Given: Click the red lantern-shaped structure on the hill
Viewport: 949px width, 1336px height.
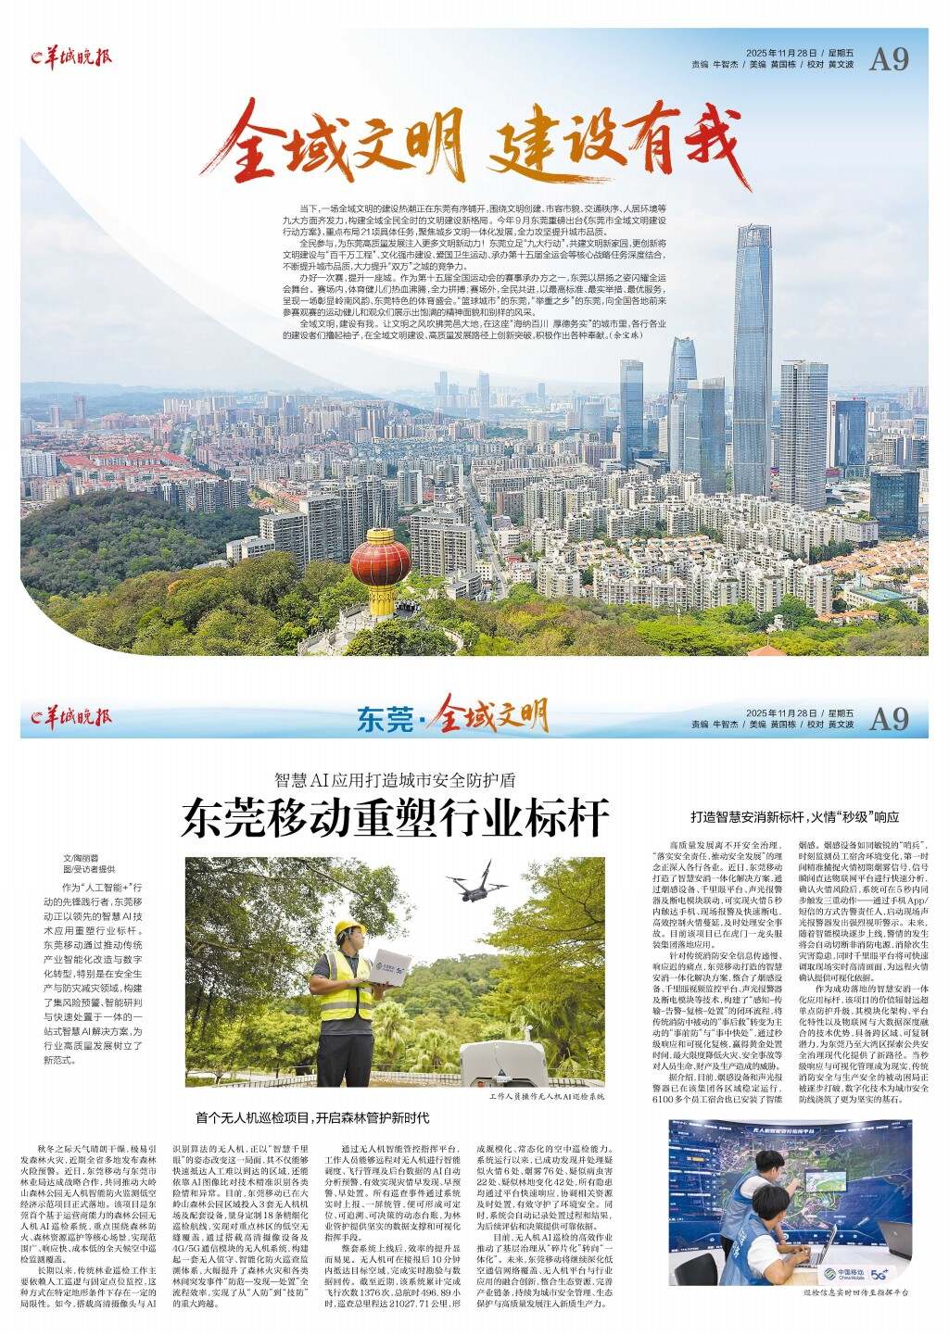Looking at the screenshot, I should [x=380, y=563].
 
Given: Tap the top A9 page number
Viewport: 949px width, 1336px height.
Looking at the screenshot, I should [x=889, y=59].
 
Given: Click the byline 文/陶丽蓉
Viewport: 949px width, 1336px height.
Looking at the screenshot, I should [x=80, y=859].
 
